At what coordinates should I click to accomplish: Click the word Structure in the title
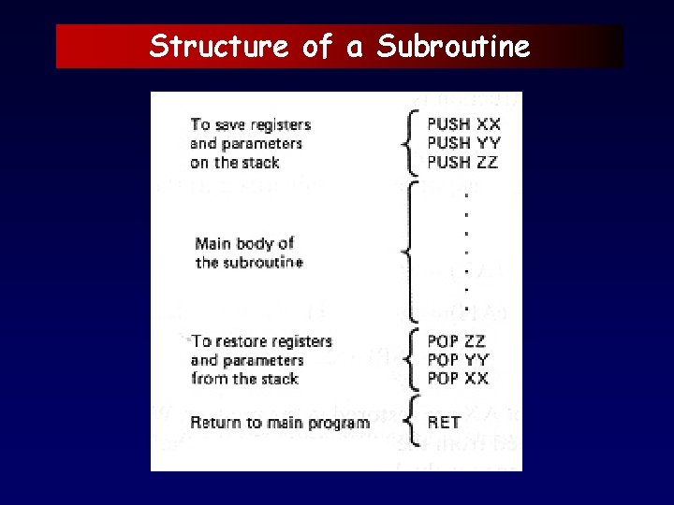click(219, 46)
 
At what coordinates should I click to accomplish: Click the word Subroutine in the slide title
click(453, 46)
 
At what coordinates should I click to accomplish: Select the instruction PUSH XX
click(463, 124)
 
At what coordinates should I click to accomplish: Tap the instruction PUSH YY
click(463, 143)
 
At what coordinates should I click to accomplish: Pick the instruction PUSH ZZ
click(462, 163)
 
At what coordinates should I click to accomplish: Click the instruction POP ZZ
click(457, 341)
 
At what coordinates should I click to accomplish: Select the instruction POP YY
click(458, 360)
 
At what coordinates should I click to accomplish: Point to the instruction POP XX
click(458, 379)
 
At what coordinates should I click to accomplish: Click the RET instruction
click(444, 423)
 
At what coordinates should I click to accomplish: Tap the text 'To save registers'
click(250, 124)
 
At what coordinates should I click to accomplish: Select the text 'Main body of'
click(244, 244)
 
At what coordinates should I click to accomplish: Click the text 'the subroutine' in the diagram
click(249, 263)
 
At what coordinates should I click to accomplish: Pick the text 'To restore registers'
click(261, 341)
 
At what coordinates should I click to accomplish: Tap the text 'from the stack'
click(244, 379)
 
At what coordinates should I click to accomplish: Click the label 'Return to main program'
click(280, 423)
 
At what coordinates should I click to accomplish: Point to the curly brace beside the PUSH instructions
click(405, 143)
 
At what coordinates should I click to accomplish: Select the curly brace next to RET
click(405, 423)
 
